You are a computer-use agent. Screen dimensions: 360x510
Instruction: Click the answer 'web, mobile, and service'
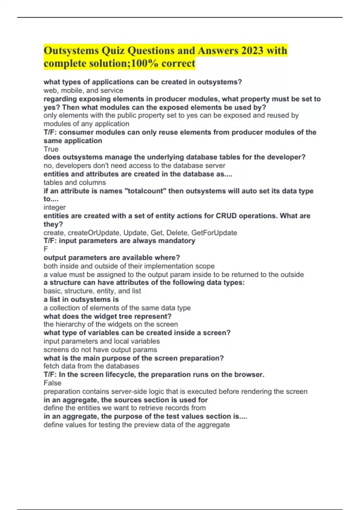(x=83, y=90)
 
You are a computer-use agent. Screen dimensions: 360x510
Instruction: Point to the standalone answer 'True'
(x=51, y=149)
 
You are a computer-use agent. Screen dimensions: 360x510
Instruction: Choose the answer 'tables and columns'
(x=75, y=182)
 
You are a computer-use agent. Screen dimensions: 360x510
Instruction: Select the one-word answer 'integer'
(x=55, y=207)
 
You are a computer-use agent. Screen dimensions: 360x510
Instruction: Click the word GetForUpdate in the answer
(x=214, y=233)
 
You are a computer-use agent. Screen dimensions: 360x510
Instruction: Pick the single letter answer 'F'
(x=46, y=249)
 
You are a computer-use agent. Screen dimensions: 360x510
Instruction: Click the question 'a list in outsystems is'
(x=81, y=299)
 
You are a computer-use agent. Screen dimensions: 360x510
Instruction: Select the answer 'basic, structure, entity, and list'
(x=92, y=291)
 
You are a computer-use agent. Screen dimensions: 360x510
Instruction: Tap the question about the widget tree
(x=107, y=316)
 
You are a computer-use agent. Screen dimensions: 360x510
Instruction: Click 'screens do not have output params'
(x=100, y=350)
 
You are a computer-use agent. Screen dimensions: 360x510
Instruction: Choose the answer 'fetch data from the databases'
(x=91, y=366)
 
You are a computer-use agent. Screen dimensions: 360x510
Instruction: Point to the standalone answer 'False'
(x=52, y=383)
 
